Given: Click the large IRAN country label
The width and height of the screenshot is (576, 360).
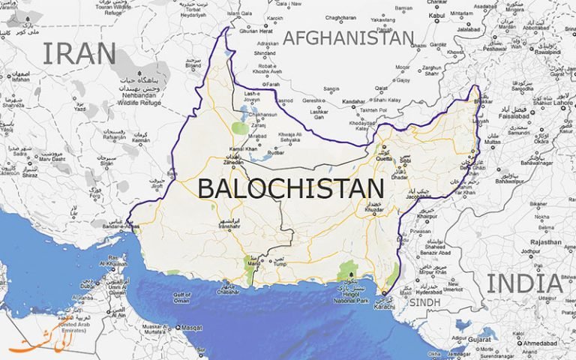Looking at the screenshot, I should pyautogui.click(x=79, y=53).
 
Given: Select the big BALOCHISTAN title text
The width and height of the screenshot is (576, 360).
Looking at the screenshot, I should pyautogui.click(x=290, y=188).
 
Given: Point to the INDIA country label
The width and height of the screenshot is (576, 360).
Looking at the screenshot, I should pyautogui.click(x=524, y=283).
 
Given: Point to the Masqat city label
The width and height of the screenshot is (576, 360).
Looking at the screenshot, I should pyautogui.click(x=192, y=328).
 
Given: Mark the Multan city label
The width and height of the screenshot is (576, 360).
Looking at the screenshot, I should pyautogui.click(x=493, y=140).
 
